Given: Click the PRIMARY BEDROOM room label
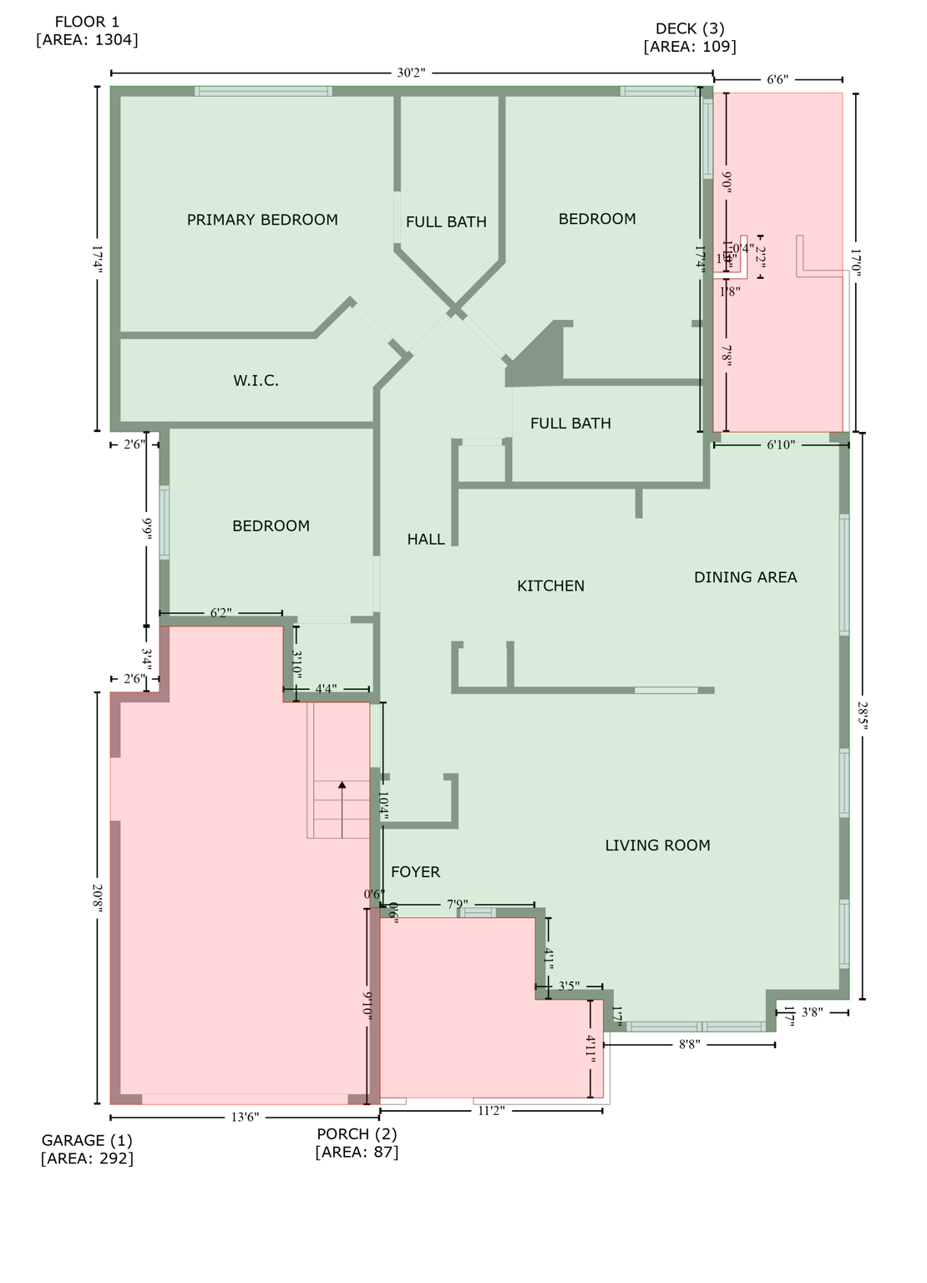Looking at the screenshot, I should click(x=262, y=220).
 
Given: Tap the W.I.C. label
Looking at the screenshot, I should click(x=256, y=381).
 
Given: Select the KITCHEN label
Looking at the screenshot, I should click(x=550, y=586).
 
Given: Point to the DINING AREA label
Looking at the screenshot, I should click(x=745, y=577).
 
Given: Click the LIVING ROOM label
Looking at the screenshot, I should click(x=657, y=845).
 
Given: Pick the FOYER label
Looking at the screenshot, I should click(x=415, y=872).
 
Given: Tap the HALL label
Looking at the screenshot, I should click(x=426, y=540).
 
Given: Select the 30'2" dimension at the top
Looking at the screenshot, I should click(x=411, y=73).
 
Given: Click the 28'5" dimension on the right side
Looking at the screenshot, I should click(x=863, y=716).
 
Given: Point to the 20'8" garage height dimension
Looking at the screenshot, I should click(x=98, y=898).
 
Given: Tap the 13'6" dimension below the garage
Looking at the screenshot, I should click(x=245, y=1118).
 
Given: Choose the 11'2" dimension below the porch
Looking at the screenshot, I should click(x=491, y=1111).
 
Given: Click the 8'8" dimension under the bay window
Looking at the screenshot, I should click(x=689, y=1044).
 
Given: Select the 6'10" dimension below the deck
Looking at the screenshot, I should click(x=780, y=445).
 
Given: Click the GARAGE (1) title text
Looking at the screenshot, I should click(x=87, y=1140).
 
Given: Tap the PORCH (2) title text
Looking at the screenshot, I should click(x=357, y=1133).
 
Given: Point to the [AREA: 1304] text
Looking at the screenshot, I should click(x=87, y=40).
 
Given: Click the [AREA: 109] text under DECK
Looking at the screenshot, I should click(x=690, y=47).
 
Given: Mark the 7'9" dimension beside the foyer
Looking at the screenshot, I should click(x=457, y=905).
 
